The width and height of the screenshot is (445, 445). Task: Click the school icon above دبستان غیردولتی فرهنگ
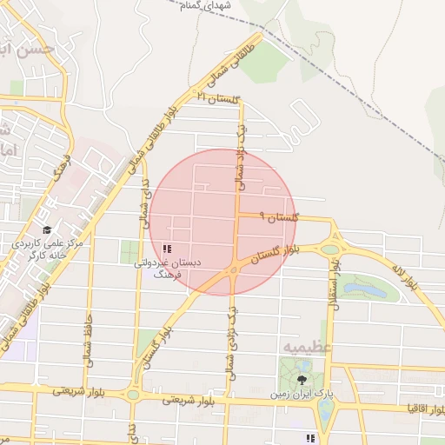coord(167,249)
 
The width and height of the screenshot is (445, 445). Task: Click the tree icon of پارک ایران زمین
coord(302,380)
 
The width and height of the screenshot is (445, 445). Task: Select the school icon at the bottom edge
coord(309,438)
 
